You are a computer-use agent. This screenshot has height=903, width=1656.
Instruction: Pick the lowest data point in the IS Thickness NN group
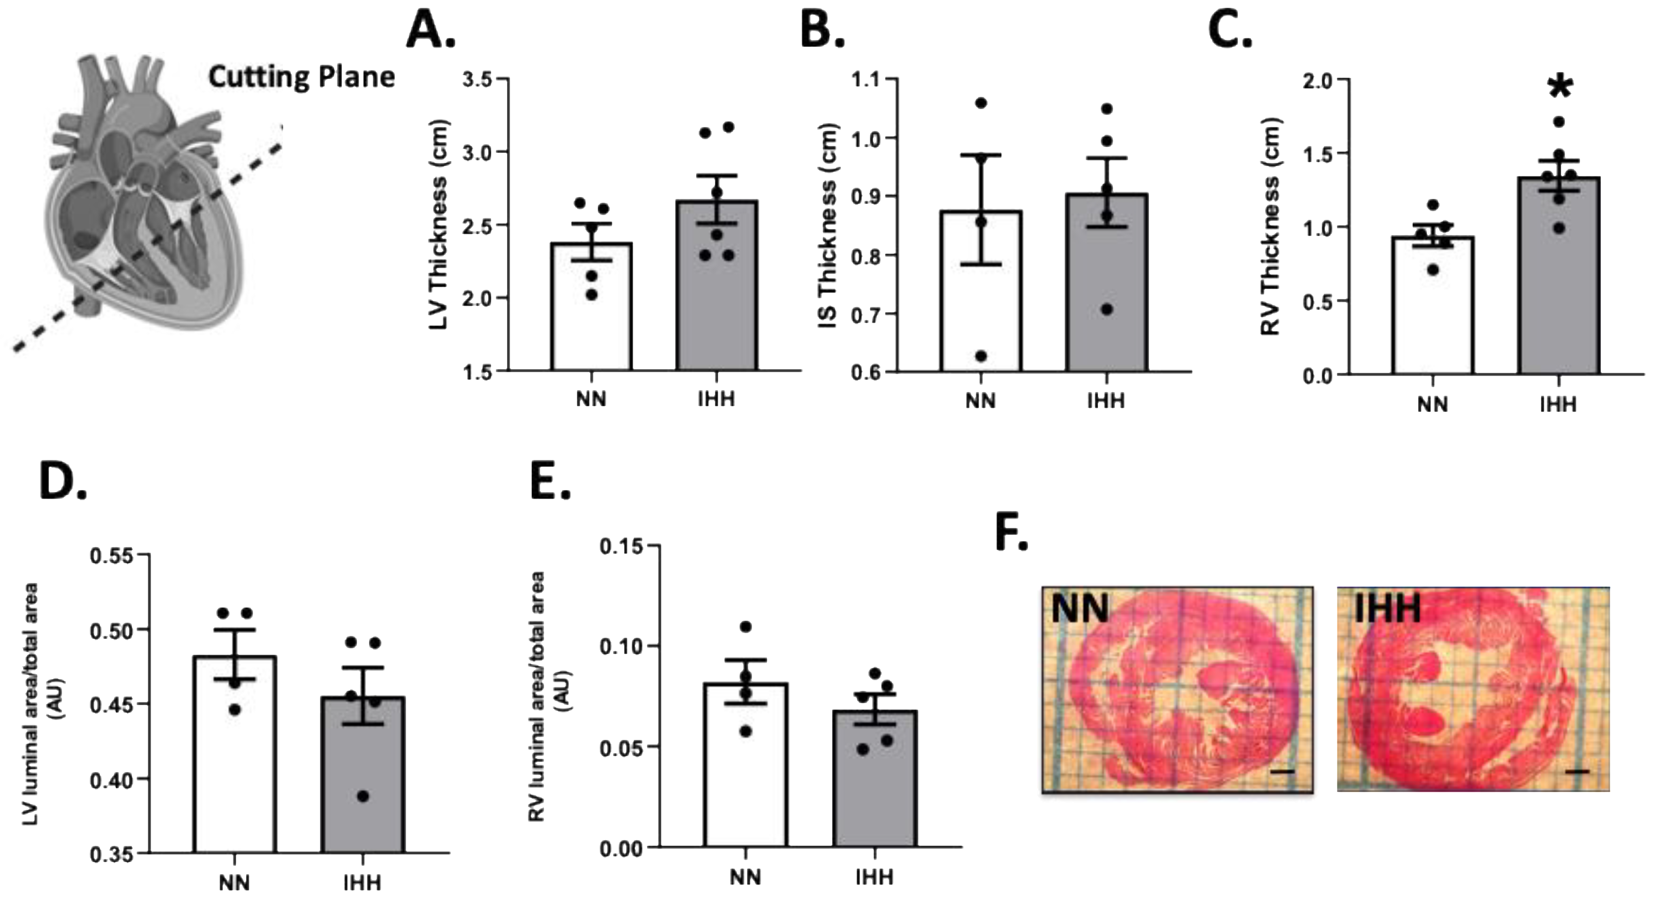point(981,356)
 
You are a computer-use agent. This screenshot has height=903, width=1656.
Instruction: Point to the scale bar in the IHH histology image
point(1582,770)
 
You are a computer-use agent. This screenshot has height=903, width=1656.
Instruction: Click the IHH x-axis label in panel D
point(363,883)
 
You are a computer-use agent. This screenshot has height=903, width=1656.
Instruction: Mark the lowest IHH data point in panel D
point(363,796)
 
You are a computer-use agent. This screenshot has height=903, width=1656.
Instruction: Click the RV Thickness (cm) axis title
point(1270,226)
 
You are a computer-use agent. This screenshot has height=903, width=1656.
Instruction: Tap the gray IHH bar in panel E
point(874,782)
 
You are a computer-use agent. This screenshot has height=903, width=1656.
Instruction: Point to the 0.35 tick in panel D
point(111,855)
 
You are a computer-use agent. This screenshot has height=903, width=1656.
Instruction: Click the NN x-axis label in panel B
point(980,401)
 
